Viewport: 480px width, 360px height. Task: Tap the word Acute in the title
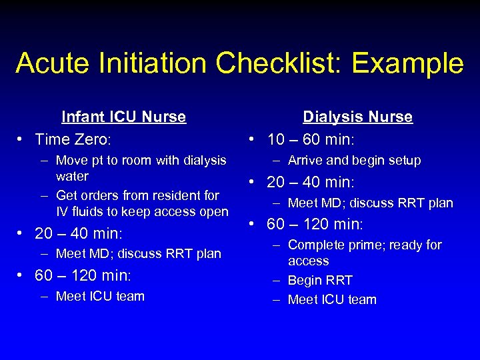(55, 63)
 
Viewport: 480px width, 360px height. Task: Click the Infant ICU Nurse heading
(123, 117)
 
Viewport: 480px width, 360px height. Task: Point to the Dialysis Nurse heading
(357, 117)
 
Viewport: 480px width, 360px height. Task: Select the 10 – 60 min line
(310, 139)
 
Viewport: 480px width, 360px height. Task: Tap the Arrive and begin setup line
(354, 160)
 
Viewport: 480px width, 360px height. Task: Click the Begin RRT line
(320, 280)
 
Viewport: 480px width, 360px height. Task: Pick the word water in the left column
(72, 177)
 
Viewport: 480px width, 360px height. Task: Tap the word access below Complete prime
(308, 261)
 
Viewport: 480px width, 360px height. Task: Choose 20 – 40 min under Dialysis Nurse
(311, 182)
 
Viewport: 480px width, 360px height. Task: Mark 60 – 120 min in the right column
(315, 223)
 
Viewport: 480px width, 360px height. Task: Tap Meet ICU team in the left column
(100, 296)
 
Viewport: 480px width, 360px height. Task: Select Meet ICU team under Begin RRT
(332, 299)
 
